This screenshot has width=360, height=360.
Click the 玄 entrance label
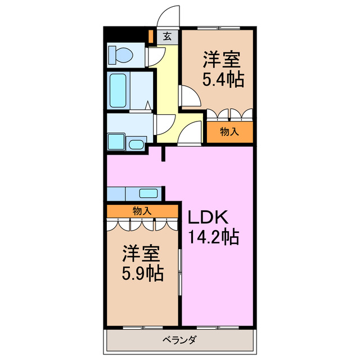167,37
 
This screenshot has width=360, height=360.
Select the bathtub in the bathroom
118,89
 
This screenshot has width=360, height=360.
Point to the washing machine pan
116,141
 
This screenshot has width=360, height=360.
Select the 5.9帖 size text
143,273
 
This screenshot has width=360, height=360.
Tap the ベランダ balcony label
179,340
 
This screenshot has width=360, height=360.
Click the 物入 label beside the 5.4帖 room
229,132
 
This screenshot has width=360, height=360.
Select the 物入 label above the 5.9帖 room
142,211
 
